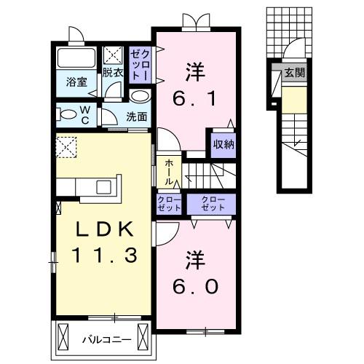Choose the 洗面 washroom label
coord(136,116)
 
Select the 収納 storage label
coord(223,143)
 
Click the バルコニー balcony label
coord(105,339)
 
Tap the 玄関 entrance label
coord(294,73)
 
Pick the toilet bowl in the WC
coord(68,114)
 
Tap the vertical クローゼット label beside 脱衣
coord(140,64)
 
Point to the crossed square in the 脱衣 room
coord(113,55)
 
